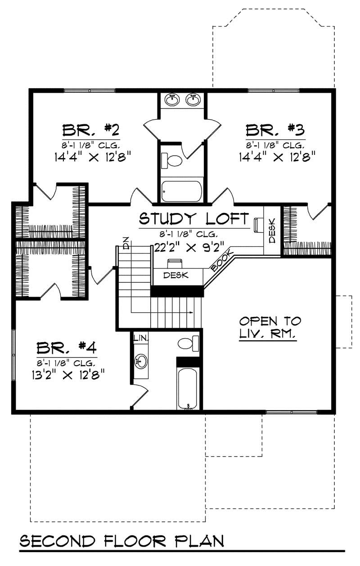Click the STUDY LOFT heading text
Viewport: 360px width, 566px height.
pos(193,219)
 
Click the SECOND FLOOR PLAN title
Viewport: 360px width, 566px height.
pos(121,541)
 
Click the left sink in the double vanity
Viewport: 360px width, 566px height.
pos(172,99)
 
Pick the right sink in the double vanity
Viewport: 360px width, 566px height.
pos(193,99)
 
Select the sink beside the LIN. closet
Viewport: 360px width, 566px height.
pos(141,360)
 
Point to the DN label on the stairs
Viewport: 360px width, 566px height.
pos(126,243)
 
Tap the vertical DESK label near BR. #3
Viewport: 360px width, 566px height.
pos(272,234)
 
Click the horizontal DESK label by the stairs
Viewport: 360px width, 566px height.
pos(176,275)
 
